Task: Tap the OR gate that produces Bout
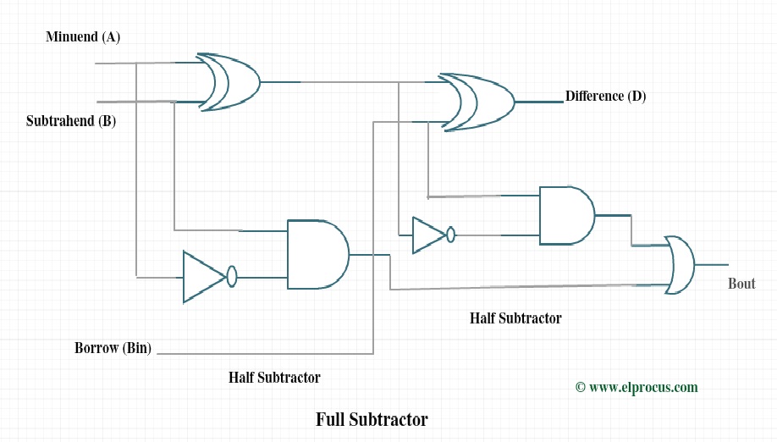click(x=681, y=264)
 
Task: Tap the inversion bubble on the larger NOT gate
click(x=232, y=276)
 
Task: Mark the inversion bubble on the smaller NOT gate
click(x=451, y=235)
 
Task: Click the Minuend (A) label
click(x=83, y=37)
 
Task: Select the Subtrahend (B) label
click(x=71, y=121)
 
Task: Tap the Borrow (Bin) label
click(x=113, y=348)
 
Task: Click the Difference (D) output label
click(x=605, y=97)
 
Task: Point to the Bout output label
click(x=741, y=284)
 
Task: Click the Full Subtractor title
click(x=372, y=419)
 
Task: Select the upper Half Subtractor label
click(x=515, y=318)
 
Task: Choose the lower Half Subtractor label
click(x=274, y=378)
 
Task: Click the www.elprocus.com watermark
click(x=643, y=387)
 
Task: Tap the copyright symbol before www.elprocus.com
click(x=581, y=387)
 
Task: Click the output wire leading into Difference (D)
click(x=538, y=102)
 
